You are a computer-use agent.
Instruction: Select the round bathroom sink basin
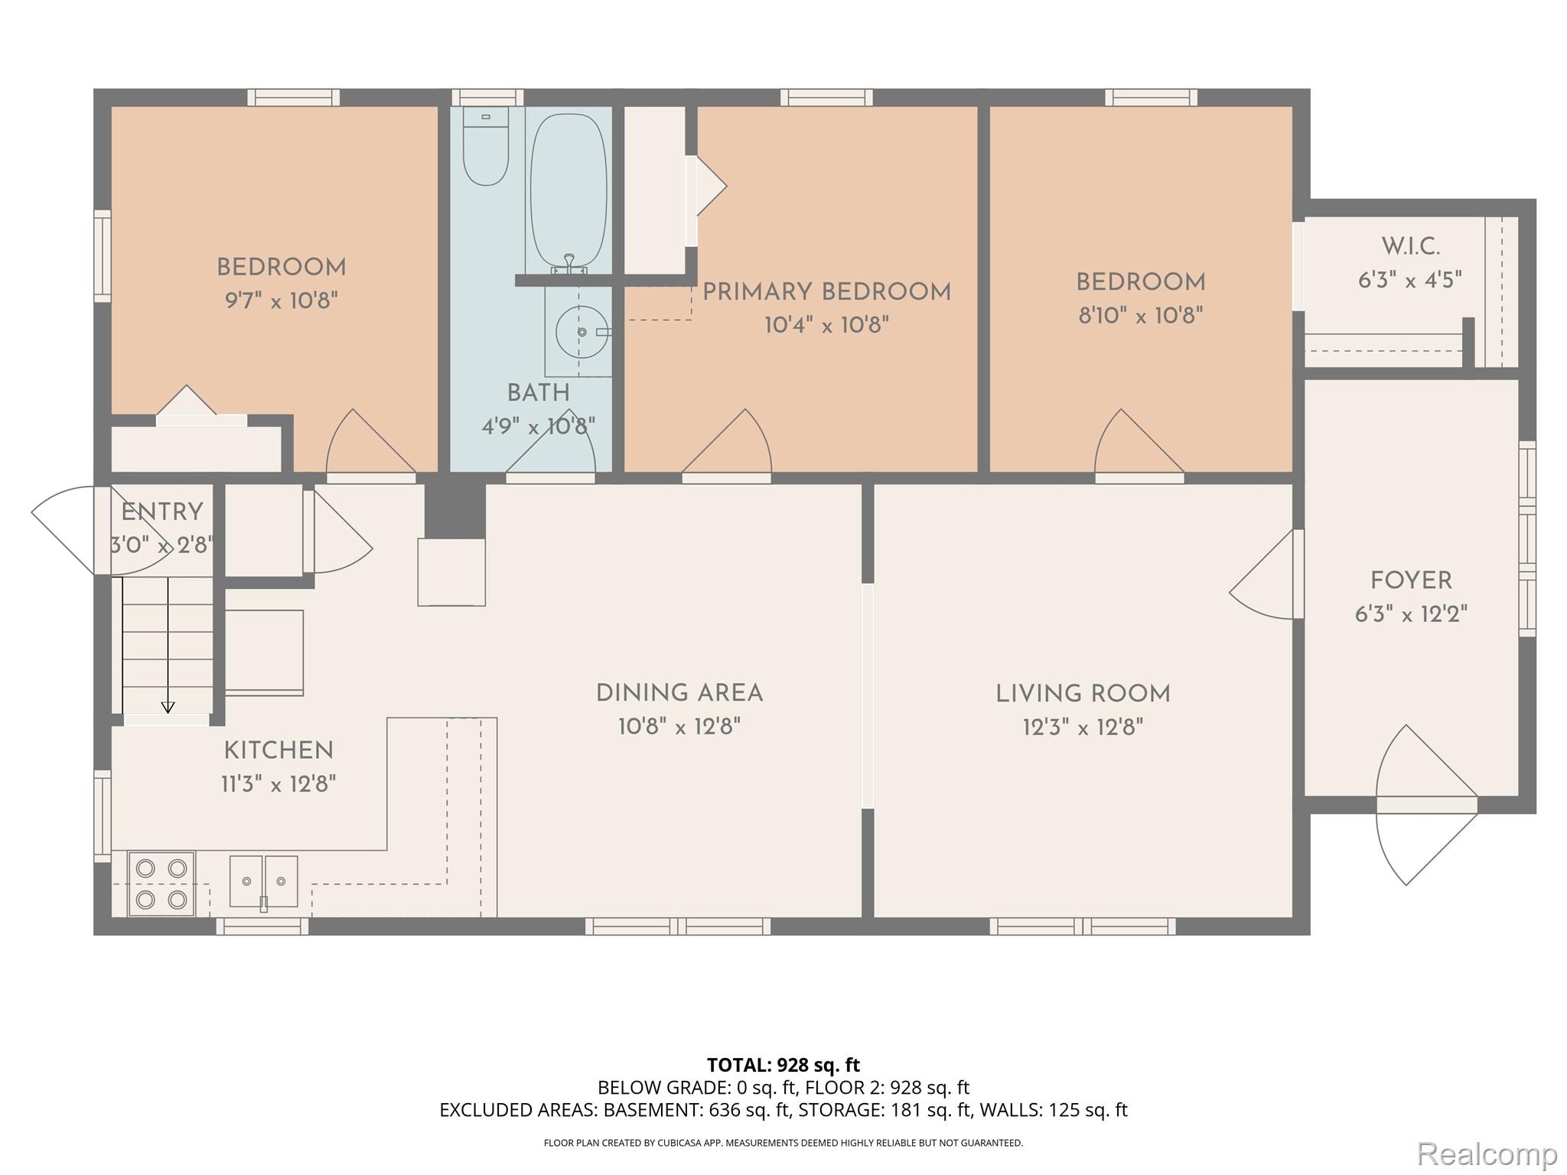[581, 332]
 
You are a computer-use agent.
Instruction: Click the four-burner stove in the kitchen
[161, 884]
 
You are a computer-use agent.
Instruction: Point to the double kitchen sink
[263, 881]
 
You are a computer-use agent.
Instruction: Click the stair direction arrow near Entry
[168, 706]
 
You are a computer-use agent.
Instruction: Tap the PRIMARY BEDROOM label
[826, 292]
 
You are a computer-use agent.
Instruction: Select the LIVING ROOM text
[1083, 694]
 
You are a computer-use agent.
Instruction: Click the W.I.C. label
[1410, 247]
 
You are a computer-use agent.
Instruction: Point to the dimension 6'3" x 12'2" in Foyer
[1411, 614]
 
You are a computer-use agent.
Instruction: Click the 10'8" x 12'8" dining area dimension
[679, 726]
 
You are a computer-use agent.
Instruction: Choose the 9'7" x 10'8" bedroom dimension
[281, 301]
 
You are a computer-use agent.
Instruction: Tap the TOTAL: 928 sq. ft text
[783, 1065]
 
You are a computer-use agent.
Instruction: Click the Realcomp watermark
[1487, 1153]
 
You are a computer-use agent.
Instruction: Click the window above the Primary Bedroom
[826, 98]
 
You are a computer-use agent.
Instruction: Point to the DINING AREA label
[679, 693]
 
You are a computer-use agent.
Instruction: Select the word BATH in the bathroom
[539, 393]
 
